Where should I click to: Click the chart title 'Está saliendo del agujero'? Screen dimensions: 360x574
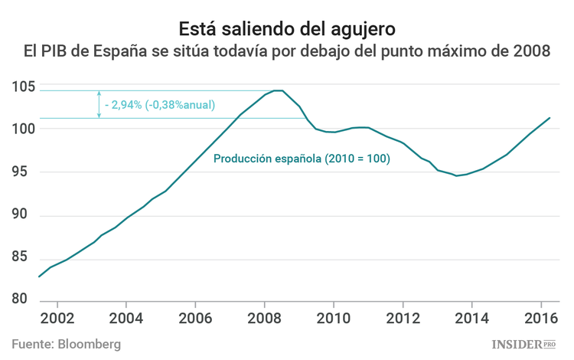click(x=287, y=29)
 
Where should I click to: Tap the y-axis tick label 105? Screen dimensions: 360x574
click(x=23, y=87)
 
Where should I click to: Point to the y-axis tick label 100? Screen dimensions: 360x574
click(x=23, y=129)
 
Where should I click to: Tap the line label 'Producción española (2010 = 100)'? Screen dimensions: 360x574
click(x=302, y=159)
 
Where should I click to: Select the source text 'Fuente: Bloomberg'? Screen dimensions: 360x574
click(x=67, y=344)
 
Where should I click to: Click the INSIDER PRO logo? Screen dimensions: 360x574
click(x=523, y=345)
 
